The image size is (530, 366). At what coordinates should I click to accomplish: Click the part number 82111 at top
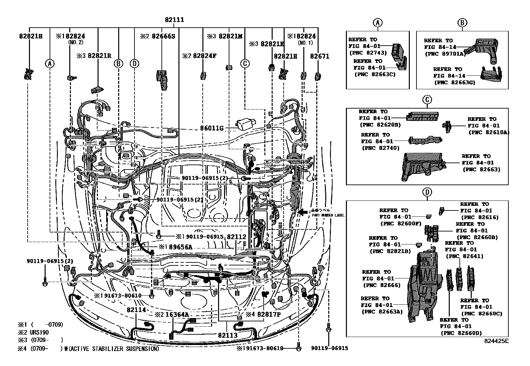(174, 20)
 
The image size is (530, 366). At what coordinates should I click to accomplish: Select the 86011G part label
(211, 128)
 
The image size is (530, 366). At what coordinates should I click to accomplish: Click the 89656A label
(179, 247)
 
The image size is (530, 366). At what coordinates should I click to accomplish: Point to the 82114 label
(136, 309)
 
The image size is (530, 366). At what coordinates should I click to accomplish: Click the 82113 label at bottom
(228, 335)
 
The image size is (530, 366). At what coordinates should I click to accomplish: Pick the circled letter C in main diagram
(245, 63)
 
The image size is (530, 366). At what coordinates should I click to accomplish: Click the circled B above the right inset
(462, 23)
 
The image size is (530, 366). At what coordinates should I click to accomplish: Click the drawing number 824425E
(496, 341)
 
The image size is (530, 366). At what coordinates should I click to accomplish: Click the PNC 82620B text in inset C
(380, 125)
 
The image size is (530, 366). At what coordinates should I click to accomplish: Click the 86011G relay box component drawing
(246, 124)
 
